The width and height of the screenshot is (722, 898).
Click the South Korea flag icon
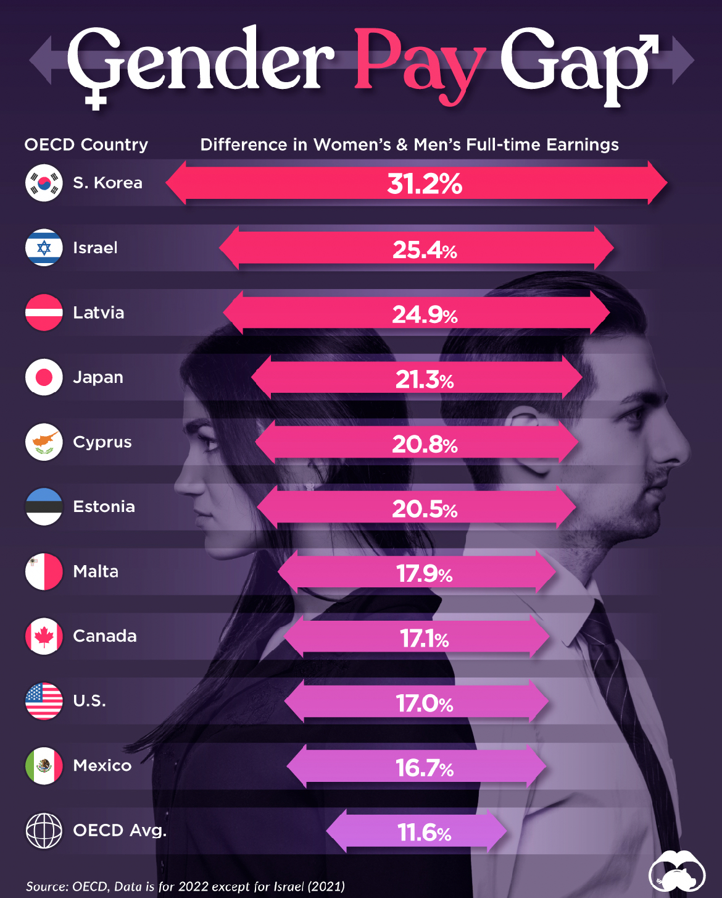[x=44, y=183]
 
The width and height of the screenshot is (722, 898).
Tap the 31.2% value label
[x=425, y=183]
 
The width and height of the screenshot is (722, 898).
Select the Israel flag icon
[x=44, y=248]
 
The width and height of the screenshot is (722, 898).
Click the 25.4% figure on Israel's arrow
[x=425, y=250]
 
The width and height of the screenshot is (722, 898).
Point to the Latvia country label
[x=98, y=313]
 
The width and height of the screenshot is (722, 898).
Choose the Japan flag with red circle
[x=44, y=377]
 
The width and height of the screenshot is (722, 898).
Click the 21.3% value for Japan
[x=425, y=379]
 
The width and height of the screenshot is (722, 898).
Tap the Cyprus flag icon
[x=44, y=442]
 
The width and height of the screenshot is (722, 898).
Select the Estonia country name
[x=104, y=506]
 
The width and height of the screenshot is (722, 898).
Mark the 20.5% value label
[x=425, y=509]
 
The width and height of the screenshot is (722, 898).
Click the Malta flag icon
[x=44, y=571]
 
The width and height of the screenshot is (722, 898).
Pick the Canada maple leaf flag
[x=44, y=636]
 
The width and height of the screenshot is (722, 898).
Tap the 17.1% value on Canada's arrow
[x=425, y=638]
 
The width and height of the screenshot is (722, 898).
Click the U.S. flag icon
[x=44, y=701]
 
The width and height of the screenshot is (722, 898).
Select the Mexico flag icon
[x=44, y=766]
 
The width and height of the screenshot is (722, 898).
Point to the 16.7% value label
[x=425, y=768]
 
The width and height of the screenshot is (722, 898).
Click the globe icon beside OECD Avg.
[x=44, y=831]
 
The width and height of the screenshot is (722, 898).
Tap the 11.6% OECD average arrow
[x=417, y=831]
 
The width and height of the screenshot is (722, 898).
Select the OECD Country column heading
[x=86, y=145]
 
